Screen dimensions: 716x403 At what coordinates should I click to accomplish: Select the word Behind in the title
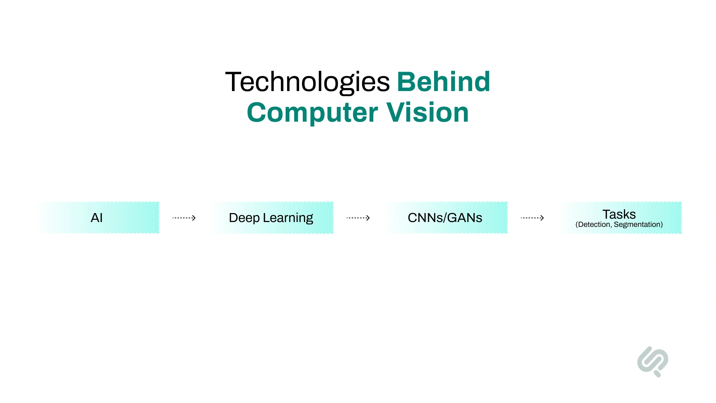pyautogui.click(x=443, y=81)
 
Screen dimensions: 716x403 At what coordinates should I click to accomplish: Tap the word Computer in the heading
pyautogui.click(x=313, y=113)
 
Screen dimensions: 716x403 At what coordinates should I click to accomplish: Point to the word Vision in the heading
pyautogui.click(x=428, y=112)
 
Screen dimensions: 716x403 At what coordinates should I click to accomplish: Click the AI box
pyautogui.click(x=98, y=218)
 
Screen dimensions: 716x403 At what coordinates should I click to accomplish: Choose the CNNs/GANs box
pyautogui.click(x=446, y=218)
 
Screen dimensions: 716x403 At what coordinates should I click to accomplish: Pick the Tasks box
pyautogui.click(x=620, y=218)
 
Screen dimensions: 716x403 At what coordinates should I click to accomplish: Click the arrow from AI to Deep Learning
pyautogui.click(x=184, y=218)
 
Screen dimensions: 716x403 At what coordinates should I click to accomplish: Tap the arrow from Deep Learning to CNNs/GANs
pyautogui.click(x=358, y=218)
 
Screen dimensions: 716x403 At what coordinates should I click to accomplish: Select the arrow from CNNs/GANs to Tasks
pyautogui.click(x=533, y=218)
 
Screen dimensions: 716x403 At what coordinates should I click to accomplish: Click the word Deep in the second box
pyautogui.click(x=244, y=218)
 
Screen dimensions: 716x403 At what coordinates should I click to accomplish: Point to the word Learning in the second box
pyautogui.click(x=288, y=218)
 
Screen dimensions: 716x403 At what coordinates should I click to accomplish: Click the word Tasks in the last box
pyautogui.click(x=619, y=214)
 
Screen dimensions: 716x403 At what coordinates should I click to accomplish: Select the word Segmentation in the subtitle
pyautogui.click(x=637, y=225)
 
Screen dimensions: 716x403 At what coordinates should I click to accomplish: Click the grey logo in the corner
pyautogui.click(x=653, y=362)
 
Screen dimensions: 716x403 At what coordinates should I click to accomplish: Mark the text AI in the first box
pyautogui.click(x=97, y=218)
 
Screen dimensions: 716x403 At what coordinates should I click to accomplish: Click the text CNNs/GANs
pyautogui.click(x=445, y=218)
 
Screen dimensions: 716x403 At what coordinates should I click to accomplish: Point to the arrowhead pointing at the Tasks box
pyautogui.click(x=542, y=218)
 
